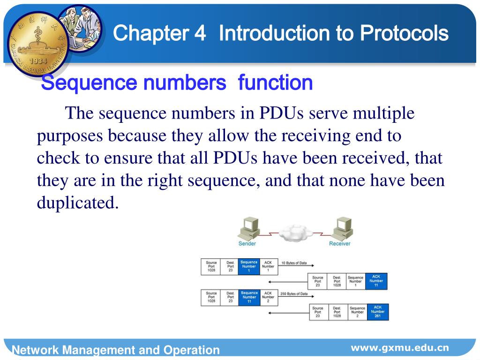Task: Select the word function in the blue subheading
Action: coord(275,83)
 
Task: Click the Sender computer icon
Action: coord(248,229)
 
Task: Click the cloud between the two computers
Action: coord(294,232)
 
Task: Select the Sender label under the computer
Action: coord(247,244)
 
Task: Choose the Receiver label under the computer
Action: coord(339,244)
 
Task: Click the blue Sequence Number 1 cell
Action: coord(249,266)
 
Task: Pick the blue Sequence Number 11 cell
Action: coord(249,297)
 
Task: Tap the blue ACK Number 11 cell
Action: coord(376,281)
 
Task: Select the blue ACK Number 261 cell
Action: coord(377,312)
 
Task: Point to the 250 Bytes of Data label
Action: coord(294,294)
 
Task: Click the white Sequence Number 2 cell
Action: coord(357,312)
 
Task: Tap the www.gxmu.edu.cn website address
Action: coord(400,348)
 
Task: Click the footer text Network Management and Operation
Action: coord(115,350)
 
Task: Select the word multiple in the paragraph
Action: coord(383,113)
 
